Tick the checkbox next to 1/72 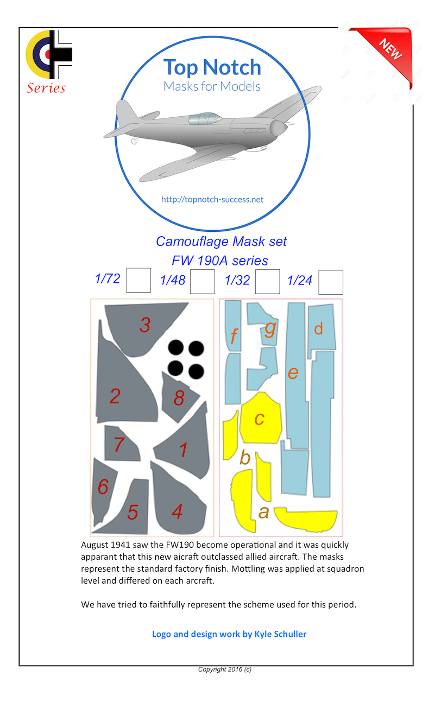pyautogui.click(x=138, y=280)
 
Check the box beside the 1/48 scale pyautogui.click(x=203, y=282)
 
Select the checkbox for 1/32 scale pyautogui.click(x=267, y=282)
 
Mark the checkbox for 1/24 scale pyautogui.click(x=330, y=282)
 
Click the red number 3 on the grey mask pyautogui.click(x=144, y=325)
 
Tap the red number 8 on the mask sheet pyautogui.click(x=179, y=399)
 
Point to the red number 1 pyautogui.click(x=184, y=450)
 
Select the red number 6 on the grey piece pyautogui.click(x=103, y=487)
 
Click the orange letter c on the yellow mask pyautogui.click(x=260, y=418)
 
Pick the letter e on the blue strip pyautogui.click(x=293, y=372)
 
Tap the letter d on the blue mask pyautogui.click(x=319, y=329)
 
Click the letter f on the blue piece pyautogui.click(x=234, y=337)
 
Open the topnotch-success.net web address pyautogui.click(x=212, y=199)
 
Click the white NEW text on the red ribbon pyautogui.click(x=391, y=49)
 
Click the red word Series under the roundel pyautogui.click(x=46, y=88)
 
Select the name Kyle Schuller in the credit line pyautogui.click(x=280, y=634)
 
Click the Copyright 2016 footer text pyautogui.click(x=224, y=669)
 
